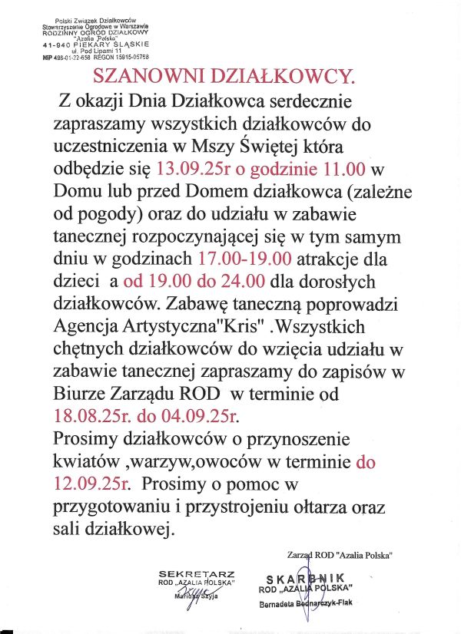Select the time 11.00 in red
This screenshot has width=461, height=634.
(x=340, y=167)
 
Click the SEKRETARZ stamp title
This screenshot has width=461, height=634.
(x=196, y=573)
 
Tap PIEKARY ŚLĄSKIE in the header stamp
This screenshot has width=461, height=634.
(x=109, y=45)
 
